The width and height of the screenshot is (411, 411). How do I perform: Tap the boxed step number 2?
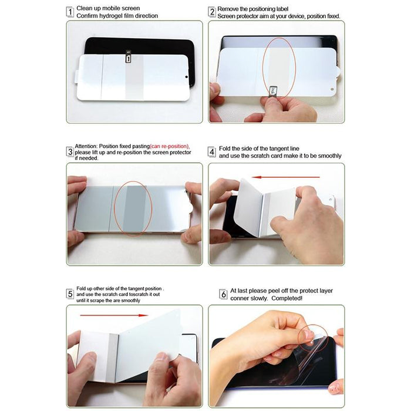212,11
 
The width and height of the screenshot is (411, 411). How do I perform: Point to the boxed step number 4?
212,151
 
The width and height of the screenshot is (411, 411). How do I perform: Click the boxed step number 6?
223,294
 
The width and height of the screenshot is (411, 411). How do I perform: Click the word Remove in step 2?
228,9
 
